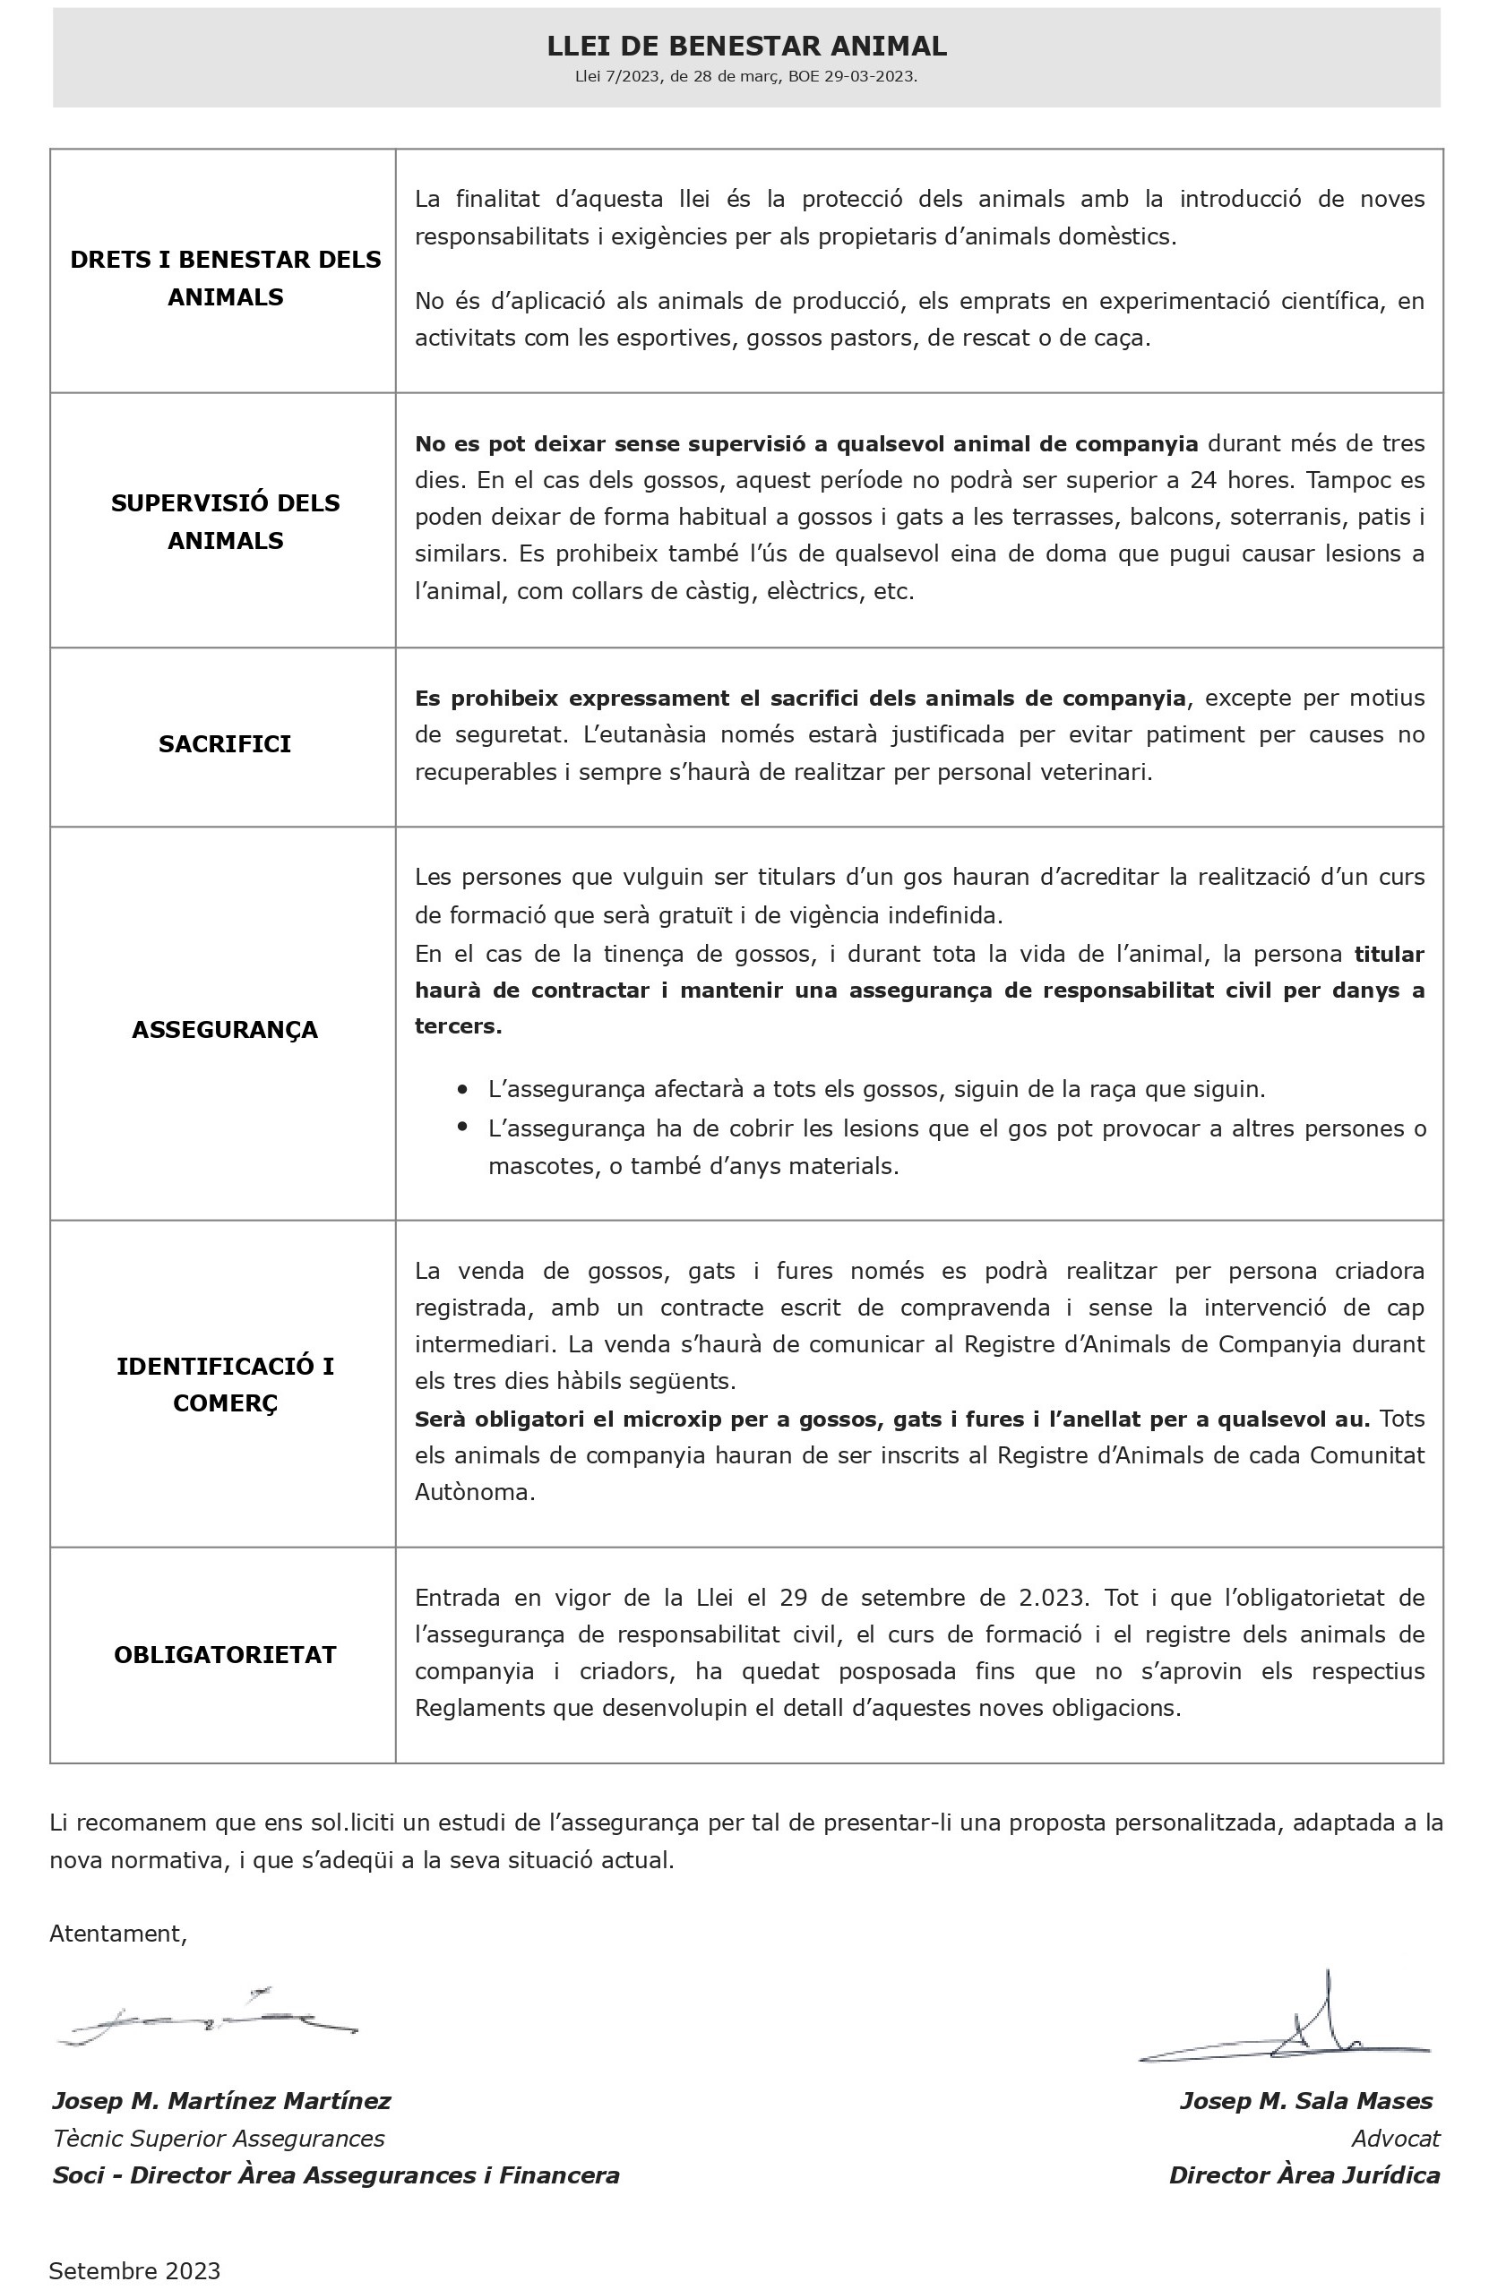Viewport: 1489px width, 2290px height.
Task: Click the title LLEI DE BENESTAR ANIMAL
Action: (746, 47)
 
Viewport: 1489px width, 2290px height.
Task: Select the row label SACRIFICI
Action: (224, 743)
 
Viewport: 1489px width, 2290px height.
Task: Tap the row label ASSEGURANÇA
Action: (224, 1030)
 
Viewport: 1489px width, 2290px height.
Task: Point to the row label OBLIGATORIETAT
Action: (225, 1655)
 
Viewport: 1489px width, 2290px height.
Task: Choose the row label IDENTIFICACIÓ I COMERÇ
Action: (225, 1385)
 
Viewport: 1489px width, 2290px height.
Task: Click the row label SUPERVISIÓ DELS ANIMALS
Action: (225, 521)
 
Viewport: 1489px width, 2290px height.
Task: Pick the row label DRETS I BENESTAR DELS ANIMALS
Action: (225, 278)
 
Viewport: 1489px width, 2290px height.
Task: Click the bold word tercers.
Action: (457, 1025)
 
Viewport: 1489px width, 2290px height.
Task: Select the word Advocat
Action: (1395, 2139)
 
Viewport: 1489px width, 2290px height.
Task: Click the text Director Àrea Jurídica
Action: (1304, 2175)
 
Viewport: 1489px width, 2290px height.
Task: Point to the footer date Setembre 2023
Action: (134, 2271)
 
